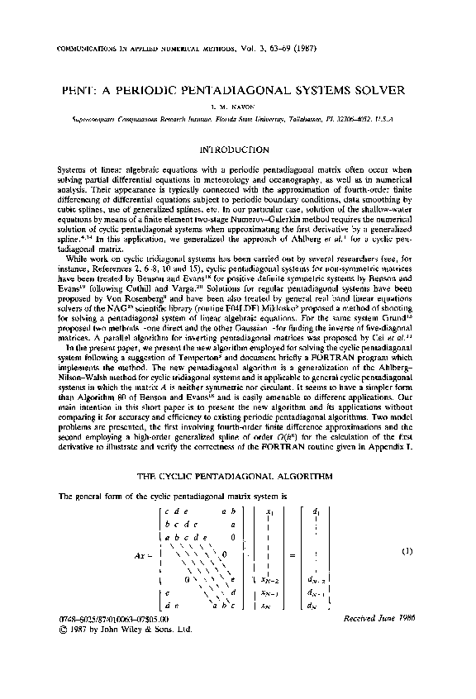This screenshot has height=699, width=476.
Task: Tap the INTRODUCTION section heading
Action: [x=237, y=150]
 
